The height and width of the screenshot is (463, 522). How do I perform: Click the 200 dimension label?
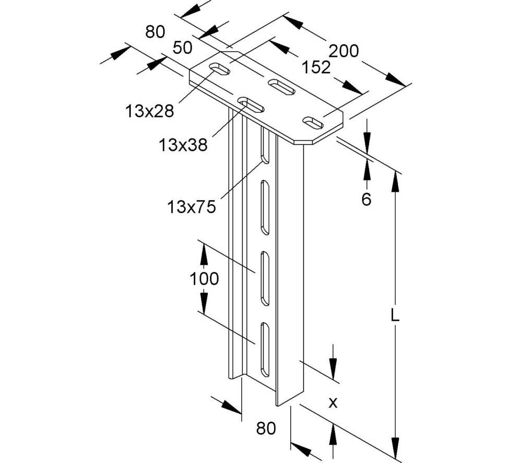[x=344, y=51]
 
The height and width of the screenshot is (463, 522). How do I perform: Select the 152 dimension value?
[x=316, y=67]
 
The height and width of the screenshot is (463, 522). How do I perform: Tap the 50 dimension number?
[x=182, y=48]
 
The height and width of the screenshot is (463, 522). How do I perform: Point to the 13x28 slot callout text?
[x=149, y=110]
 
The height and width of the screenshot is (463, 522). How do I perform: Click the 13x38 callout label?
[x=183, y=144]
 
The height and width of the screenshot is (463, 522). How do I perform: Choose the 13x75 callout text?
[x=191, y=207]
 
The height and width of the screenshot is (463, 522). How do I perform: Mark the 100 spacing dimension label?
[x=204, y=279]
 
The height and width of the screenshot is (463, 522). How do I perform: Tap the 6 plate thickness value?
[x=366, y=199]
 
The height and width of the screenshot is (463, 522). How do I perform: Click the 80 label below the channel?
[x=265, y=429]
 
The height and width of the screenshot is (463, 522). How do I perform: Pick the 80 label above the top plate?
[x=155, y=32]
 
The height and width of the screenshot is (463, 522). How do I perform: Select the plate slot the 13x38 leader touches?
[x=251, y=105]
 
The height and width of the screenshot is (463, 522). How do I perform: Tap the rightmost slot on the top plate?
[x=315, y=122]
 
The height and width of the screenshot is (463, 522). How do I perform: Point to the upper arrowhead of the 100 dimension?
[x=204, y=254]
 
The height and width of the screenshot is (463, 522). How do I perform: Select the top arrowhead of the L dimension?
[x=395, y=180]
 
